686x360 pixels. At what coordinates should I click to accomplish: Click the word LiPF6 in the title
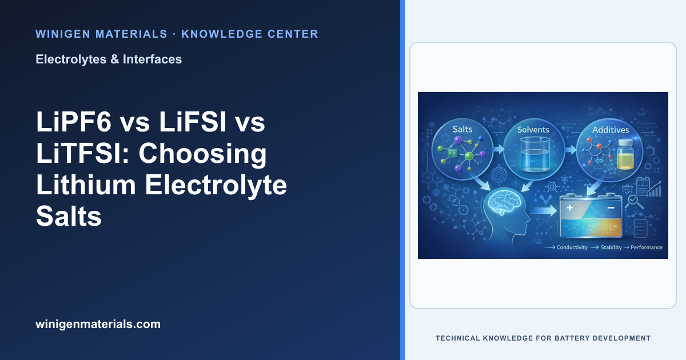[74, 122]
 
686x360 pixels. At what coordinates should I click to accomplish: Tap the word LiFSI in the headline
[193, 122]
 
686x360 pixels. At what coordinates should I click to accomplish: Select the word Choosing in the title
[202, 153]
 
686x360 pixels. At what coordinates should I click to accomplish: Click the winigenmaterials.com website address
[98, 324]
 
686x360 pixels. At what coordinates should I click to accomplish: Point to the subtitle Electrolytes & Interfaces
[109, 59]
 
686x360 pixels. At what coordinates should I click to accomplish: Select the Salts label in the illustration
[462, 129]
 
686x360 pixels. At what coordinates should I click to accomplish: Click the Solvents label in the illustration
[533, 130]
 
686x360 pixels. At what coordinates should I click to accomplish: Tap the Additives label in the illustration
[611, 130]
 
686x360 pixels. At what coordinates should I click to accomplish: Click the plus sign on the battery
[569, 208]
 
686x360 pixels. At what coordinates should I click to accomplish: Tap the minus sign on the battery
[611, 208]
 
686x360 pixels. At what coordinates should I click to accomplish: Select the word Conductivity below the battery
[572, 247]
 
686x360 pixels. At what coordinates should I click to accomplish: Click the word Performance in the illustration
[647, 247]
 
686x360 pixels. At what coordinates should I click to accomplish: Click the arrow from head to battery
[543, 211]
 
